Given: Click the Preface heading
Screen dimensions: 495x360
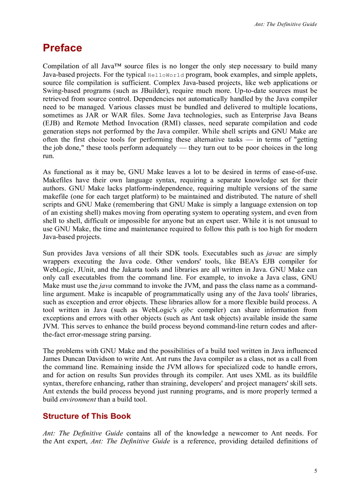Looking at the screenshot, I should click(x=62, y=48).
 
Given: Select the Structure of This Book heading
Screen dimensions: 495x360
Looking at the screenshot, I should click(x=86, y=416).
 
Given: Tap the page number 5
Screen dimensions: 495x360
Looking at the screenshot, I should click(x=315, y=471).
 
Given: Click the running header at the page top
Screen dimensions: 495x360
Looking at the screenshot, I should click(x=285, y=24).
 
